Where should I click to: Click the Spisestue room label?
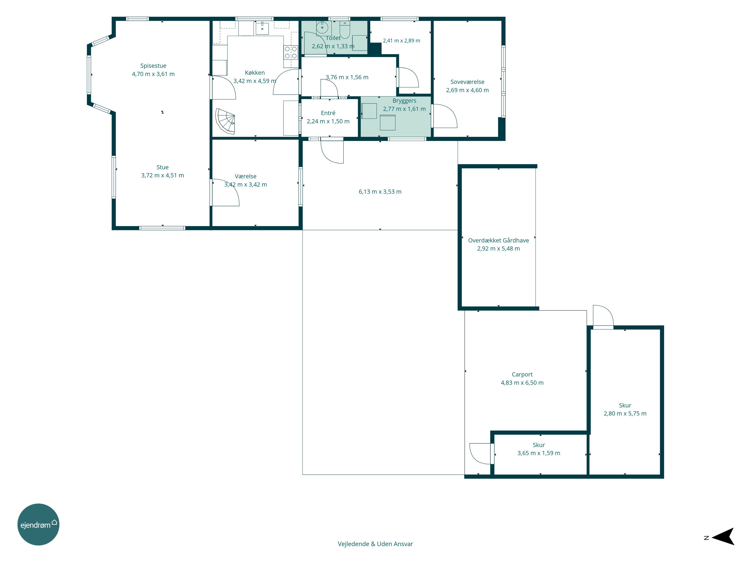pyautogui.click(x=153, y=66)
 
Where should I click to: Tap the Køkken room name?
pyautogui.click(x=255, y=73)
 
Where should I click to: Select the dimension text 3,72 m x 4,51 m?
pyautogui.click(x=163, y=175)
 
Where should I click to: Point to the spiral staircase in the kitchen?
pyautogui.click(x=225, y=121)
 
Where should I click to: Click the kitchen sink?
pyautogui.click(x=262, y=29)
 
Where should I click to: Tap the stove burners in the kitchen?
pyautogui.click(x=291, y=53)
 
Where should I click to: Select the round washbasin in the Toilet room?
pyautogui.click(x=322, y=27)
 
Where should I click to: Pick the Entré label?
pyautogui.click(x=328, y=113)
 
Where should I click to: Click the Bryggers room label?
pyautogui.click(x=404, y=101)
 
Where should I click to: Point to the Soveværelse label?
pyautogui.click(x=468, y=82)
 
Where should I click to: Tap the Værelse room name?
pyautogui.click(x=246, y=176)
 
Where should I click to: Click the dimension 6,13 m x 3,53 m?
pyautogui.click(x=380, y=192)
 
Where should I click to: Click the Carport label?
pyautogui.click(x=522, y=375)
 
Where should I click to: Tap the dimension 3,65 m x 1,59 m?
pyautogui.click(x=539, y=453)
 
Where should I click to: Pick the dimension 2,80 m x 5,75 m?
pyautogui.click(x=625, y=414)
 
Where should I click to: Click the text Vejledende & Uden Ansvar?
pyautogui.click(x=375, y=544)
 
